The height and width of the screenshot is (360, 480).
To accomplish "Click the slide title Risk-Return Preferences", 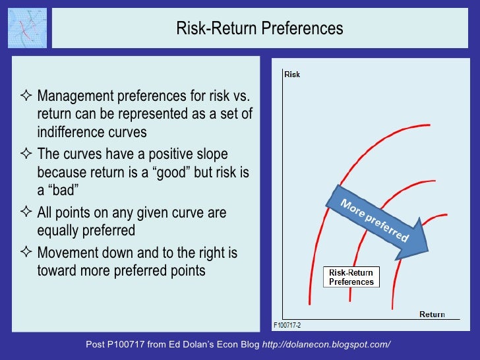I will [260, 29].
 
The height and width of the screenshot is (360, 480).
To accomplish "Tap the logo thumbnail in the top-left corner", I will [27, 28].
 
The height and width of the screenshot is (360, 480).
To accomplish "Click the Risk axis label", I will [292, 75].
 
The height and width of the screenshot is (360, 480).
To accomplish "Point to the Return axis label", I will [432, 315].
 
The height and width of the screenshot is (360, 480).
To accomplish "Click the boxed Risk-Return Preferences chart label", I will [351, 277].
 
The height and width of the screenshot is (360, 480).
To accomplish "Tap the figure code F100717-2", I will [287, 325].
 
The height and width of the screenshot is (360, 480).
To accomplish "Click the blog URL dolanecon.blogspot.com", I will [326, 345].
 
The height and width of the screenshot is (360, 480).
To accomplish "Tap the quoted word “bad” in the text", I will [63, 191].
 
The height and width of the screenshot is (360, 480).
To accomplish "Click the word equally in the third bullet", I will [61, 231].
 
